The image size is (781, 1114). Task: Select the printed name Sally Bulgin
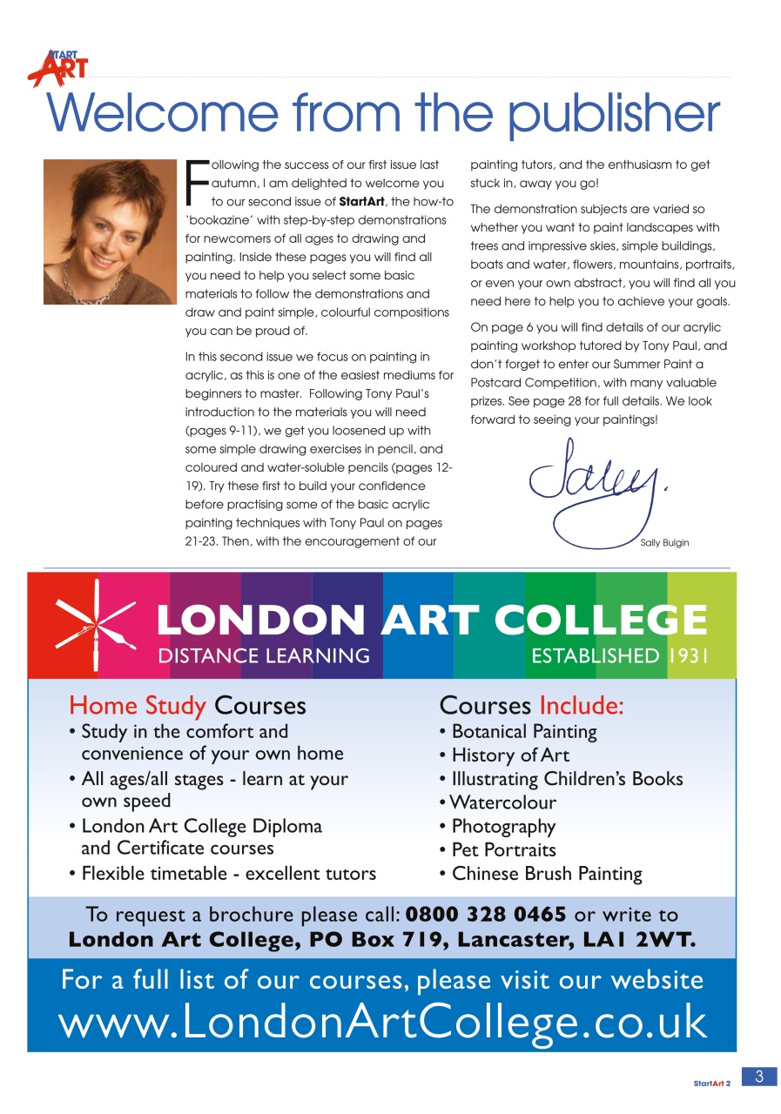pos(664,543)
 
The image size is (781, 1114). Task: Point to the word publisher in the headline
pos(614,114)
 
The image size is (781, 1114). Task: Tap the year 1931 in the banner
pos(689,655)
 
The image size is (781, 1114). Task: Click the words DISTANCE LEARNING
pos(264,655)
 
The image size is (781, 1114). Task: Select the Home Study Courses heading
pos(187,705)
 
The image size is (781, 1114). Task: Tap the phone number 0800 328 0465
pos(486,915)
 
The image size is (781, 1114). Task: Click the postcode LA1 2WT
pos(646,940)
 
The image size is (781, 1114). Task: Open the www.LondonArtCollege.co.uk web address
pos(382,1023)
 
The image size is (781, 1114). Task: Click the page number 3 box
pos(758,1077)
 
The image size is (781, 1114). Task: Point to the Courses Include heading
pos(531,705)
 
